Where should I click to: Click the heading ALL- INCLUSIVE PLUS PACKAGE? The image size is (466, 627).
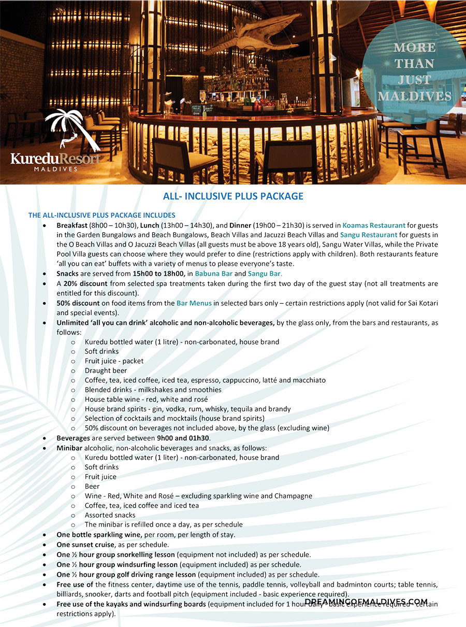233,196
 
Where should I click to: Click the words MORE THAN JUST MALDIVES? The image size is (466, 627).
414,72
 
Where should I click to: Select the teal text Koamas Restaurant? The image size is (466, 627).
374,225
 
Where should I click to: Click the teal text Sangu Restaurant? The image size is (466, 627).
369,235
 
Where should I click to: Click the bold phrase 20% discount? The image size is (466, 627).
85,283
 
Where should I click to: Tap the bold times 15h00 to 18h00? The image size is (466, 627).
158,274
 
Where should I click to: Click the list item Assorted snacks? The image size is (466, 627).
110,515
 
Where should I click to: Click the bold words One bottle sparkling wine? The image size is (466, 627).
99,535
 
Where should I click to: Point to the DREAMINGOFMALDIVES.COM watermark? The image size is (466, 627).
366,602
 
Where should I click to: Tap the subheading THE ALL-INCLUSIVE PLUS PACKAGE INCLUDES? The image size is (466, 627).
102,215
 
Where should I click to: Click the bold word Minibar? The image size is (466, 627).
69,448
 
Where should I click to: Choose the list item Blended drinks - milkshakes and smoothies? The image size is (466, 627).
153,390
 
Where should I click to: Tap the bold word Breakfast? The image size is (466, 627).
72,225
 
